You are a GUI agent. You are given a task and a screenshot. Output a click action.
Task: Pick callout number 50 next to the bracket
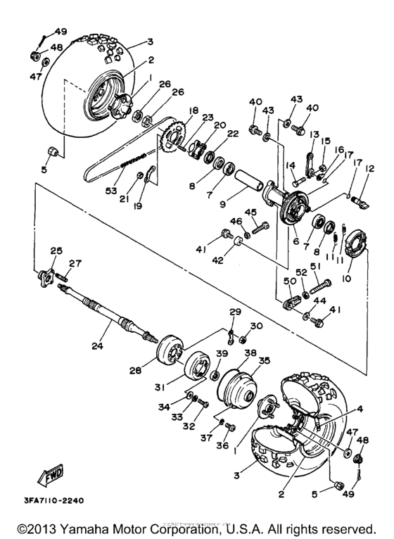click(x=288, y=281)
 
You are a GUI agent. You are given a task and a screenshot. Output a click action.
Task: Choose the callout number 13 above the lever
click(x=314, y=134)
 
